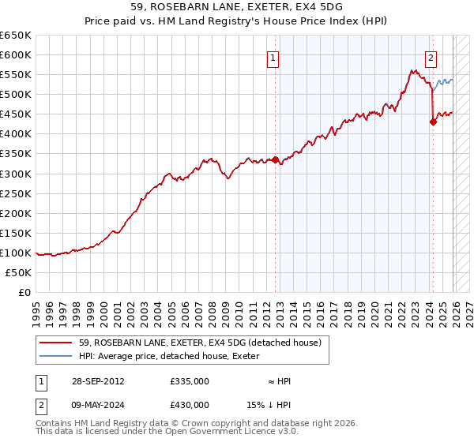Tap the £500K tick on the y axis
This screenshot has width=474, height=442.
coord(16,95)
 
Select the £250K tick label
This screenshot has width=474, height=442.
coord(16,193)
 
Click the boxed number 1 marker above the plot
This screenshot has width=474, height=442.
coord(273,58)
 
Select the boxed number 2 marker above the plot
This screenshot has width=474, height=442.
coord(431,58)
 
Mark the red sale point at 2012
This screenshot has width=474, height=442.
coord(275,159)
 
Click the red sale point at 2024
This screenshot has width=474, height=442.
coord(433,122)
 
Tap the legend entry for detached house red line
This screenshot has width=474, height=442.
coord(200,343)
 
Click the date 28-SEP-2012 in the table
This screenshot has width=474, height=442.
coord(96,381)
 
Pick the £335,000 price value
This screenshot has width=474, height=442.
coord(190,381)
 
